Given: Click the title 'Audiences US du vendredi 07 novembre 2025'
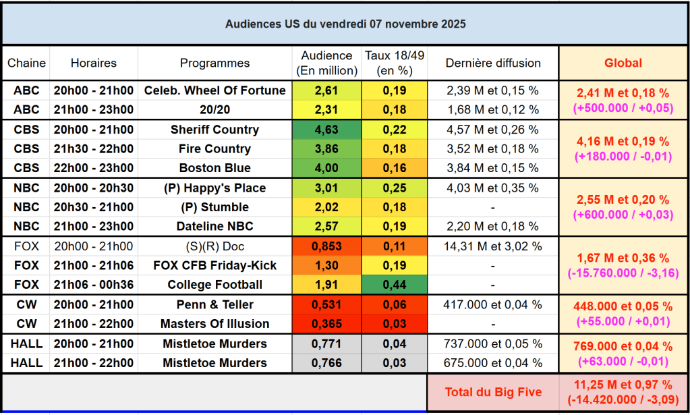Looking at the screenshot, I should (x=345, y=24).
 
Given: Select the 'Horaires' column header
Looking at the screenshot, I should (x=93, y=63).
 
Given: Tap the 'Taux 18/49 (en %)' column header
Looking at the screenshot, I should (x=394, y=63).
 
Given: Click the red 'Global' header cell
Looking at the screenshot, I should (x=623, y=63).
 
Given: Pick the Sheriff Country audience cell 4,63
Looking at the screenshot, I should (x=326, y=130).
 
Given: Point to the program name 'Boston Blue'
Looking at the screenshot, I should (x=214, y=168).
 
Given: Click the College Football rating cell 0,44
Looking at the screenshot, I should (x=394, y=285).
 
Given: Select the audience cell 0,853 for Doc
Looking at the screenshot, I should (x=326, y=246).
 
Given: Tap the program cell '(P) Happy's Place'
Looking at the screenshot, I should (x=214, y=188).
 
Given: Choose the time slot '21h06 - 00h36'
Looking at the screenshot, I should (x=93, y=285).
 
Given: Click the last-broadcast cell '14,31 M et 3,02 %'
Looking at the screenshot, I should (x=492, y=246).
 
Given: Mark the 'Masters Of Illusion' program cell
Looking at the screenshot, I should (x=214, y=324).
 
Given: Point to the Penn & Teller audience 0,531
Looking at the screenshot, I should (x=326, y=304).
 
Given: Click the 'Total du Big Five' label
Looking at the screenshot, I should (x=492, y=392).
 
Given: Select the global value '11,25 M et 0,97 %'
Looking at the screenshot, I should (x=623, y=385).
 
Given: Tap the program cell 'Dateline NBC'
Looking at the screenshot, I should (x=214, y=226).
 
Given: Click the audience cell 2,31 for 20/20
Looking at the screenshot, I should (x=326, y=109).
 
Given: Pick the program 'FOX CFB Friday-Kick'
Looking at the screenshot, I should (x=214, y=265).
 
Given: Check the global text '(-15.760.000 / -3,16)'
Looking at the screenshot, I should (x=623, y=272).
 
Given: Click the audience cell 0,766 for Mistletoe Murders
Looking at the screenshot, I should (x=326, y=363).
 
